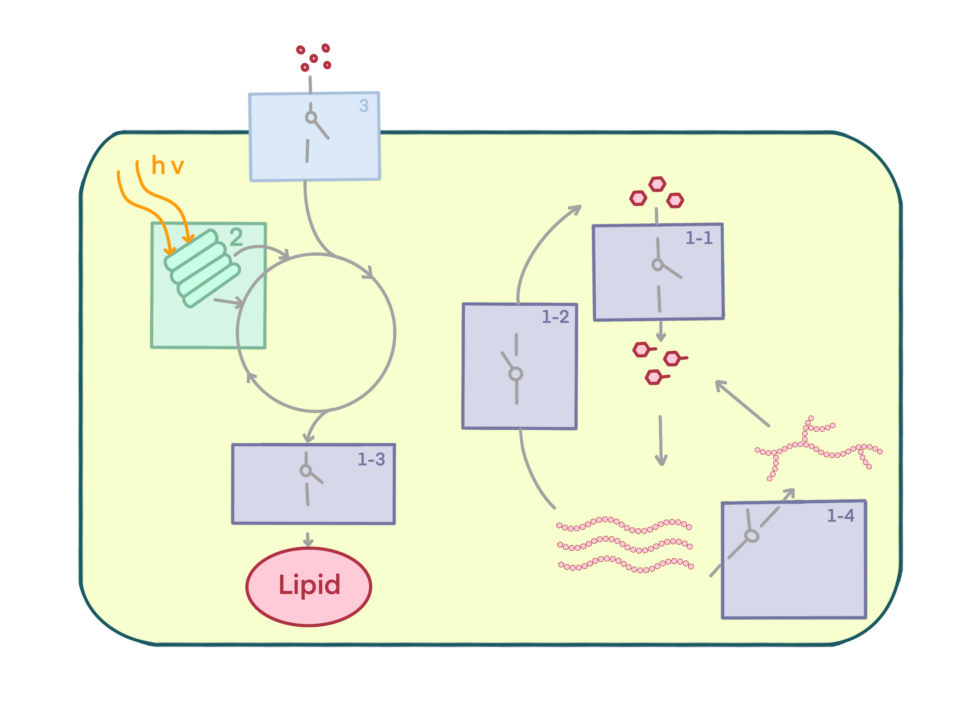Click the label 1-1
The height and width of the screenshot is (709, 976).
[699, 238]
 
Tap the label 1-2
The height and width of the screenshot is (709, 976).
[555, 317]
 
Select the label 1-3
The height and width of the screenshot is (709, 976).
[371, 460]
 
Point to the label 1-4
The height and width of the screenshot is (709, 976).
[840, 516]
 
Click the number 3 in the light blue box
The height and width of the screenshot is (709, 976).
[364, 106]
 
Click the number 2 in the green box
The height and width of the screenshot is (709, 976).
[236, 237]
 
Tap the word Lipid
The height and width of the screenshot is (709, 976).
[309, 585]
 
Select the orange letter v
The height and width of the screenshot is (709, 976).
[176, 167]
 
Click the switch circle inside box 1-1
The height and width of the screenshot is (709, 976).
[657, 265]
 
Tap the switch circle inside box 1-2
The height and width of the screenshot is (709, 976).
[516, 374]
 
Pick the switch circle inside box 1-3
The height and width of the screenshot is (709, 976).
[305, 470]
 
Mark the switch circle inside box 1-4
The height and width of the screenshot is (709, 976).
[751, 536]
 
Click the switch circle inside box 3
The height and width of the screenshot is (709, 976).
[311, 117]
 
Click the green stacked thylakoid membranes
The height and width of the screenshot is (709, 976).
[202, 268]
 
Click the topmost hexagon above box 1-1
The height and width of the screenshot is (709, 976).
[657, 184]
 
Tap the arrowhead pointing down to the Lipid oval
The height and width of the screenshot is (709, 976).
[308, 543]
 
